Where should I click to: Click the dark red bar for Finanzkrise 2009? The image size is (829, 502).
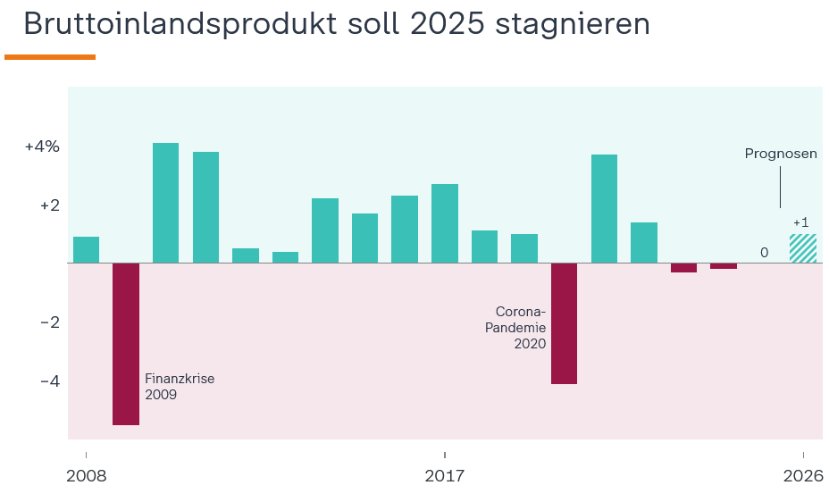126,344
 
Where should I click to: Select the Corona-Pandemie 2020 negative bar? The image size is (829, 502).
564,323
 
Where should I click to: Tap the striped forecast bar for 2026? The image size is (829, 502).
803,248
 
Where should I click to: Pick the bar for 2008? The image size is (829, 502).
86,250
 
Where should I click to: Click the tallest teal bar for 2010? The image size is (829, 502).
165,203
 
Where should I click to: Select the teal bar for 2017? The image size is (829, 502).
445,223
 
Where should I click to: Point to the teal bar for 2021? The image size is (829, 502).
604,209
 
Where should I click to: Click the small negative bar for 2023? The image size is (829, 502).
683,268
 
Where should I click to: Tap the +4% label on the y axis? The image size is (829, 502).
42,146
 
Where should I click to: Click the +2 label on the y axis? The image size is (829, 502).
49,205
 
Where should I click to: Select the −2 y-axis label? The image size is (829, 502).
49,322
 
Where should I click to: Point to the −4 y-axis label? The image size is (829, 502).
49,381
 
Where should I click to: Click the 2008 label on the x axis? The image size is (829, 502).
86,476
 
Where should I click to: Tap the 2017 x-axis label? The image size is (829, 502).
445,476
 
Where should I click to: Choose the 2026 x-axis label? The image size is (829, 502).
803,476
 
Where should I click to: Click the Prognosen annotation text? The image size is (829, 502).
781,154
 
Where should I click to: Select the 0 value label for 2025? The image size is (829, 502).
764,253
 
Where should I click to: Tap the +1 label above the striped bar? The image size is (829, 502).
800,222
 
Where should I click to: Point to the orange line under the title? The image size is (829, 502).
50,57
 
